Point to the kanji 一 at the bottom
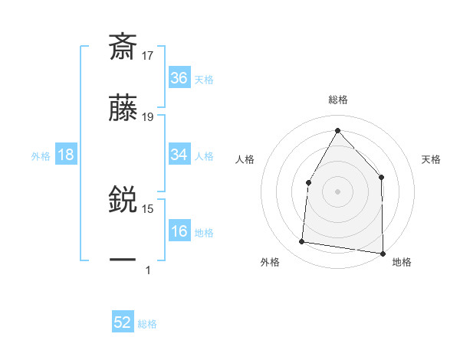pos(123,260)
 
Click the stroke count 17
pos(148,55)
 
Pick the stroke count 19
pos(148,117)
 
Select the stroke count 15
pos(148,208)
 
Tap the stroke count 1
pos(148,270)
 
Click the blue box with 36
pos(179,77)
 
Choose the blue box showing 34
pos(179,155)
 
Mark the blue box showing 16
pos(179,231)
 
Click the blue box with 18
pos(65,155)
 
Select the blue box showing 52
pos(123,322)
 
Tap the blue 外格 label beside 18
pos(41,155)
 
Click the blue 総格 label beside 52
pos(147,323)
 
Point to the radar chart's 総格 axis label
pos(337,100)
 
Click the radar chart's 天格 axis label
pos(431,159)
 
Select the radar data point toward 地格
pos(383,253)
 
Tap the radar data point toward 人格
pos(308,182)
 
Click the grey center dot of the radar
pos(337,191)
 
